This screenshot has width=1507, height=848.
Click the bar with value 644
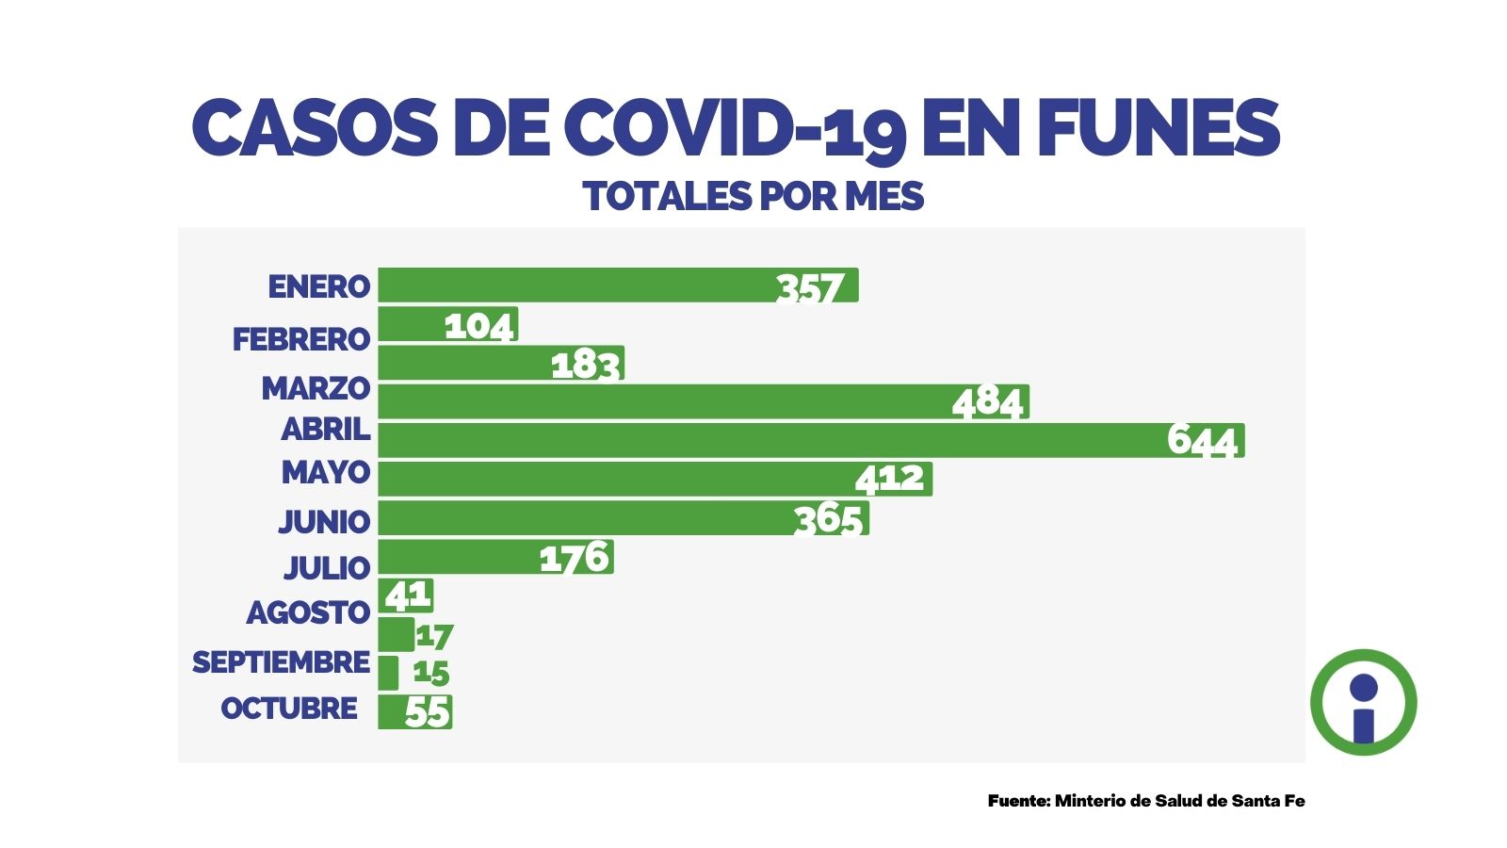810,440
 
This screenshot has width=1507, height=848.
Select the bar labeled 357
618,285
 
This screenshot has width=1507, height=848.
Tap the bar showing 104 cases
447,324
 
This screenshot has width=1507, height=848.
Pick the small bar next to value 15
388,673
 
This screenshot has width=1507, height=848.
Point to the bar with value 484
703,401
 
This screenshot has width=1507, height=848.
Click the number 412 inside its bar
889,479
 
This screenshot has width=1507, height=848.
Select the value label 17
434,636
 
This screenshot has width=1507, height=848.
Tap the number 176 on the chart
575,558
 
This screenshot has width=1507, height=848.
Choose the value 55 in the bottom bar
428,712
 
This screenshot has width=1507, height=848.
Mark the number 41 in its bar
408,595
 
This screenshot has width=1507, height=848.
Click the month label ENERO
318,286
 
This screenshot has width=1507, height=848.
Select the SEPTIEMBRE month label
281,662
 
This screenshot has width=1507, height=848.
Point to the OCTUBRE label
289,708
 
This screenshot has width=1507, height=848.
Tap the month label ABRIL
325,430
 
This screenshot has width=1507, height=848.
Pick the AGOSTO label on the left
308,612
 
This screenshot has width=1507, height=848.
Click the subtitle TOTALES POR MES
753,196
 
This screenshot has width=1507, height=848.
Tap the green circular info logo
1363,702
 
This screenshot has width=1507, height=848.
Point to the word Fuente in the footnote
1018,801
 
